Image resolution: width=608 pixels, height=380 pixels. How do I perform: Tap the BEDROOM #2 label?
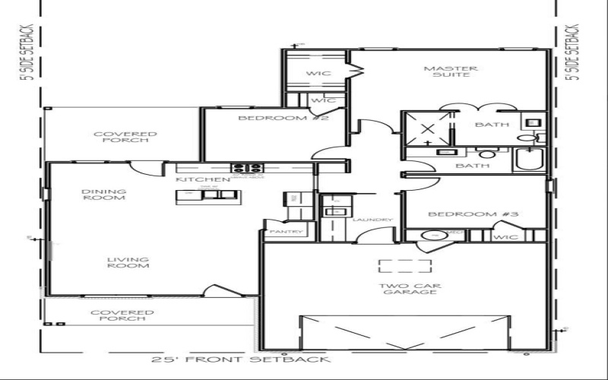[x=272, y=119]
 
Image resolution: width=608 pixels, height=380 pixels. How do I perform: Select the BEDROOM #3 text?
[x=472, y=214]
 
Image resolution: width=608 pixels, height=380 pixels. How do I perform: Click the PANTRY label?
[x=286, y=232]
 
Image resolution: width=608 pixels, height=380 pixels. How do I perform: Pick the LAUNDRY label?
[x=372, y=220]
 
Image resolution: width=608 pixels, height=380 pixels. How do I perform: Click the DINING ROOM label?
[x=105, y=195]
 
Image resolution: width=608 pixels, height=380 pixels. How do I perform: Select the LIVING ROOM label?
[x=127, y=262]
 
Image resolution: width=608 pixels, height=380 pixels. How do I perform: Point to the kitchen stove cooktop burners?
[x=247, y=168]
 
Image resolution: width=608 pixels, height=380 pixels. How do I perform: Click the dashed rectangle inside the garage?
[x=405, y=266]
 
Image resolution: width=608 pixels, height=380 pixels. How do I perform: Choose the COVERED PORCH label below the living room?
[x=122, y=316]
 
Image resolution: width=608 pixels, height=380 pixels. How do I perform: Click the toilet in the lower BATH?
[x=486, y=153]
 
